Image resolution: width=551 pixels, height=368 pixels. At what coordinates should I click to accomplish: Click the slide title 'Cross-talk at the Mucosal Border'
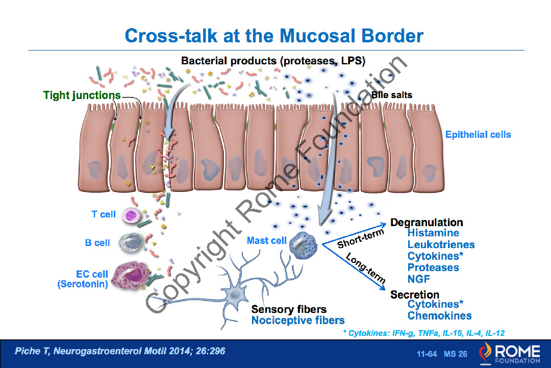point(274,36)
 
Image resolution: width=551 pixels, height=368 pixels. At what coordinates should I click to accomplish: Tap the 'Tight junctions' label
point(82,95)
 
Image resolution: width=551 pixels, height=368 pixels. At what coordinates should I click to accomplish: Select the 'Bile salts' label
point(392,95)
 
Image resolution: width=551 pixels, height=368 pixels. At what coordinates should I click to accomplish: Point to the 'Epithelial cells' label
point(478,135)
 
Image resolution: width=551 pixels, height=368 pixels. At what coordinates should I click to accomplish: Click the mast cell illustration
point(303,246)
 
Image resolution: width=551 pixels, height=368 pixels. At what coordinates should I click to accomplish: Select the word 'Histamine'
point(433,233)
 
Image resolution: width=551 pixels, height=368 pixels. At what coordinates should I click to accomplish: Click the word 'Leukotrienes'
point(441,245)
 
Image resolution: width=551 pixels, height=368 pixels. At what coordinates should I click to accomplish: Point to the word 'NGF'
point(418,279)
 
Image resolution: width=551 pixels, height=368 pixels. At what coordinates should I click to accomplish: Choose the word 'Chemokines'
point(439,316)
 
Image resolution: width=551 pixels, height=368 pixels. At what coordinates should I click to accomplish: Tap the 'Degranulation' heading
point(427,223)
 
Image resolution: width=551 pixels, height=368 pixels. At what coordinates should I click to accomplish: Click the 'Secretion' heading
point(415,295)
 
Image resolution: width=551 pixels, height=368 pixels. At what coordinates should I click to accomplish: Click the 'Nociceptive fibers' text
point(298,321)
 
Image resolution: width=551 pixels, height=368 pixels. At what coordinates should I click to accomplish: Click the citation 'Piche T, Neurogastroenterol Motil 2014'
point(120,351)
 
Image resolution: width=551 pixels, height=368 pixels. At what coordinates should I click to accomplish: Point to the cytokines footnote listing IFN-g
point(424,333)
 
